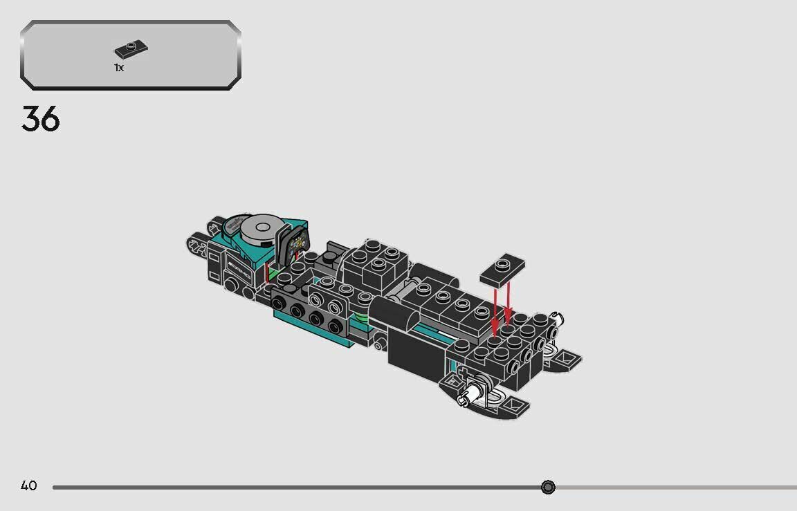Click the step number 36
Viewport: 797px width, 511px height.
pyautogui.click(x=41, y=119)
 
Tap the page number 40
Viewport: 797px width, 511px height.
pyautogui.click(x=28, y=486)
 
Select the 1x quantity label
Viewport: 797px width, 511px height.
pyautogui.click(x=119, y=68)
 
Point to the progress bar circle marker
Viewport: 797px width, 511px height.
pyautogui.click(x=548, y=487)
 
